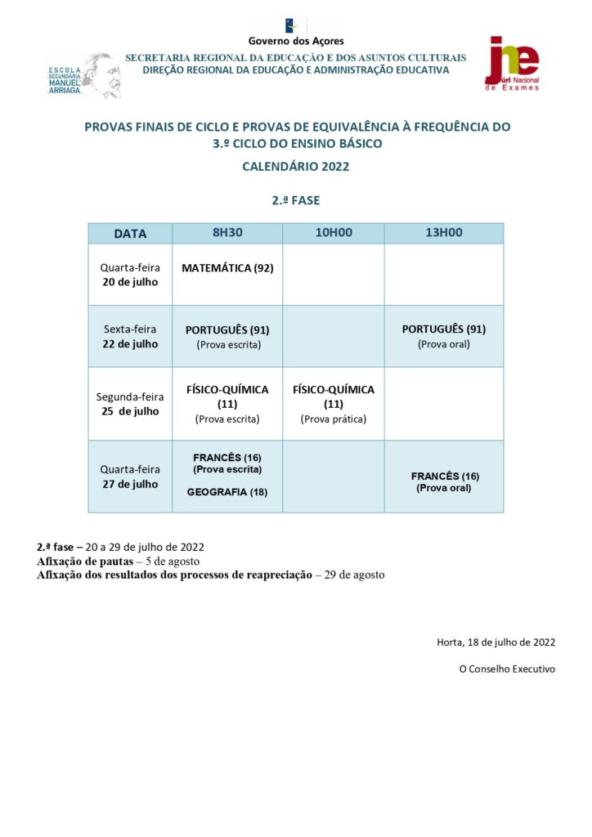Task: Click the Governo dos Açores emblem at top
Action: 296,25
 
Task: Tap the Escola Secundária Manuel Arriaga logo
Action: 83,76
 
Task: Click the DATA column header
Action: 130,234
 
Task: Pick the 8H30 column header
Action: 227,233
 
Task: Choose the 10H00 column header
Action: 334,233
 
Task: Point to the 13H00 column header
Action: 444,233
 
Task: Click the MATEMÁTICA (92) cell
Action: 227,268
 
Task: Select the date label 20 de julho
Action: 130,282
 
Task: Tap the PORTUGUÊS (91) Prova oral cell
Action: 444,336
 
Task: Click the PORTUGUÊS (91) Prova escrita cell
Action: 227,337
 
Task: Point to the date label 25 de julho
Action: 130,411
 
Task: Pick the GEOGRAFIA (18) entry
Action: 227,492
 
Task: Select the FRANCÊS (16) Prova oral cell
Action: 444,481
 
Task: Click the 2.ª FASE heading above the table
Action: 296,199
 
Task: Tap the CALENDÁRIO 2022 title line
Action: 296,166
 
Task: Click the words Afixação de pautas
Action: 84,562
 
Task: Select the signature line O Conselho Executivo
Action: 506,669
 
